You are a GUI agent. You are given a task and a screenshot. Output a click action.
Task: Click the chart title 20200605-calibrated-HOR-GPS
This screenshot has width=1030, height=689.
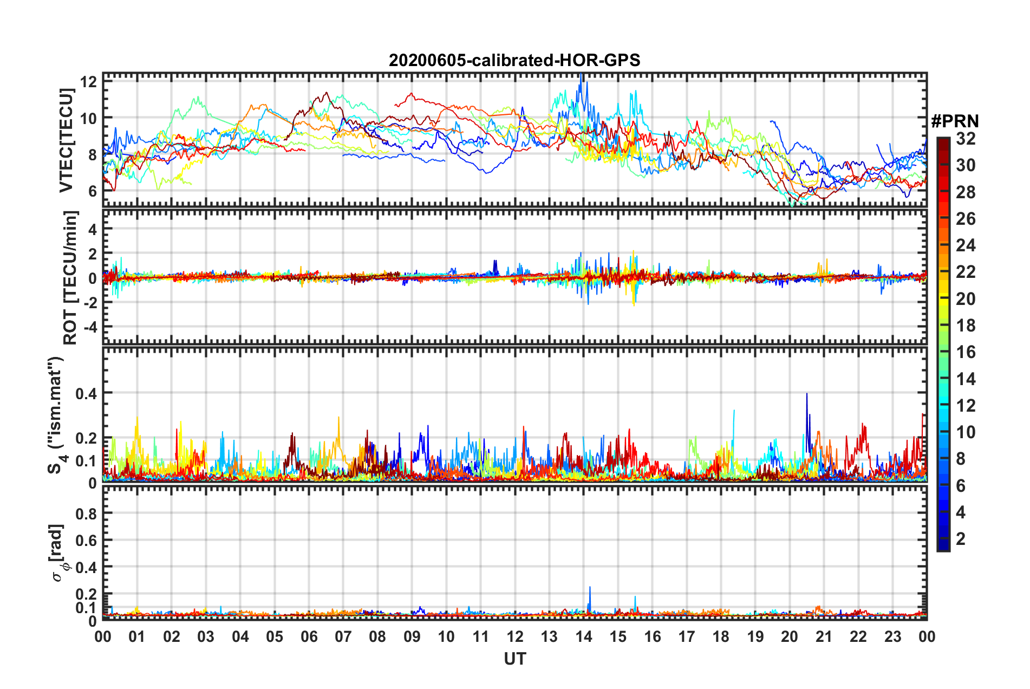coord(514,60)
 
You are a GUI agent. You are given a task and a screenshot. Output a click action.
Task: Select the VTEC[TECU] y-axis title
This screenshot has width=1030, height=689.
coord(66,141)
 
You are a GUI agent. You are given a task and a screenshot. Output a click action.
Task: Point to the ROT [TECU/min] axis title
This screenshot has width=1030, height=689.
coord(70,277)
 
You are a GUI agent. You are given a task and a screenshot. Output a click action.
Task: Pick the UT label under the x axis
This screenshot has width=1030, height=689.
coord(514,659)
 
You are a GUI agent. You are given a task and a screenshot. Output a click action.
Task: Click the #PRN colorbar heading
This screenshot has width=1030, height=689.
coord(955,121)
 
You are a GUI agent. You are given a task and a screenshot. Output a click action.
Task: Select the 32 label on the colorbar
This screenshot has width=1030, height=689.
coord(966,139)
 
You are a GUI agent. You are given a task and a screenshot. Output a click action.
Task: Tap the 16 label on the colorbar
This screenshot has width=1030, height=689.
coord(966,352)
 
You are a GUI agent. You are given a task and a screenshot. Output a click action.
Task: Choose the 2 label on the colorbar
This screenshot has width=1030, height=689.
coord(961,538)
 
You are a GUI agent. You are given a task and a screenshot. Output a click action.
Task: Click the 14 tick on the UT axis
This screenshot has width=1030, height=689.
coord(583,636)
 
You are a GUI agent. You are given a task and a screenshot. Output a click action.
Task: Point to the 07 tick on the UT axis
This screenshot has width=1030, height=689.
coord(343,636)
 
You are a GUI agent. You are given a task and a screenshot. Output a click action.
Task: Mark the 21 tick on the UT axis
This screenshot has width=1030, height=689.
coord(824,636)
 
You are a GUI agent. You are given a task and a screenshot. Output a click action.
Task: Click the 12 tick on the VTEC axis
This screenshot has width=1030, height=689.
coord(88,82)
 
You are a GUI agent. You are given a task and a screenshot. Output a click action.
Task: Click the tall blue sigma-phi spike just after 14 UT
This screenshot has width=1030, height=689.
coord(590,588)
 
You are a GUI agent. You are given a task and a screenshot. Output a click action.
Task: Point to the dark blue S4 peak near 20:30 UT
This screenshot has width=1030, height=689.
coord(807,395)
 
